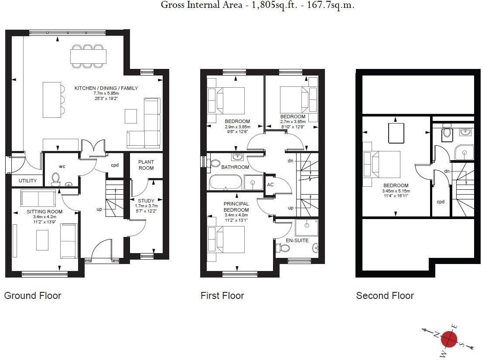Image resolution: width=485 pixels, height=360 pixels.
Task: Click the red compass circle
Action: (449, 339)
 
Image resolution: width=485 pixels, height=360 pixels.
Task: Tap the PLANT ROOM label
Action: (146, 165)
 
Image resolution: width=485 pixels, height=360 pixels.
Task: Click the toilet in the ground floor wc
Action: (55, 179)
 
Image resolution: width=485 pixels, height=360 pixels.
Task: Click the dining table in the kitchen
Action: (88, 56)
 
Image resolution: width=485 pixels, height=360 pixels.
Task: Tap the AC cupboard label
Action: (270, 185)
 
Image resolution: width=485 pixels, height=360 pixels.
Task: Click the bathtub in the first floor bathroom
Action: (225, 182)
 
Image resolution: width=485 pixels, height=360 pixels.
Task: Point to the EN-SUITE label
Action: (297, 240)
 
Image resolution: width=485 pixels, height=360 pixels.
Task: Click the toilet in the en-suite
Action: (284, 248)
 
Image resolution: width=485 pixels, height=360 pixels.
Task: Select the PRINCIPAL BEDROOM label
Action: (236, 207)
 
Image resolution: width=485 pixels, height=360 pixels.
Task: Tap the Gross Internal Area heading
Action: (257, 5)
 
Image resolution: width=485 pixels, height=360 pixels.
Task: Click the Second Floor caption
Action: (385, 296)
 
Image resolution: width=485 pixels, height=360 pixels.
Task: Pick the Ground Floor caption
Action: (33, 296)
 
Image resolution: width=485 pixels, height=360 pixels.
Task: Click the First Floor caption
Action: (222, 296)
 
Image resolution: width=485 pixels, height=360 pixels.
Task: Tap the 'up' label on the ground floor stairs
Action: (99, 209)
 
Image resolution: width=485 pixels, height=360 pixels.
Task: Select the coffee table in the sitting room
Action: (42, 240)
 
